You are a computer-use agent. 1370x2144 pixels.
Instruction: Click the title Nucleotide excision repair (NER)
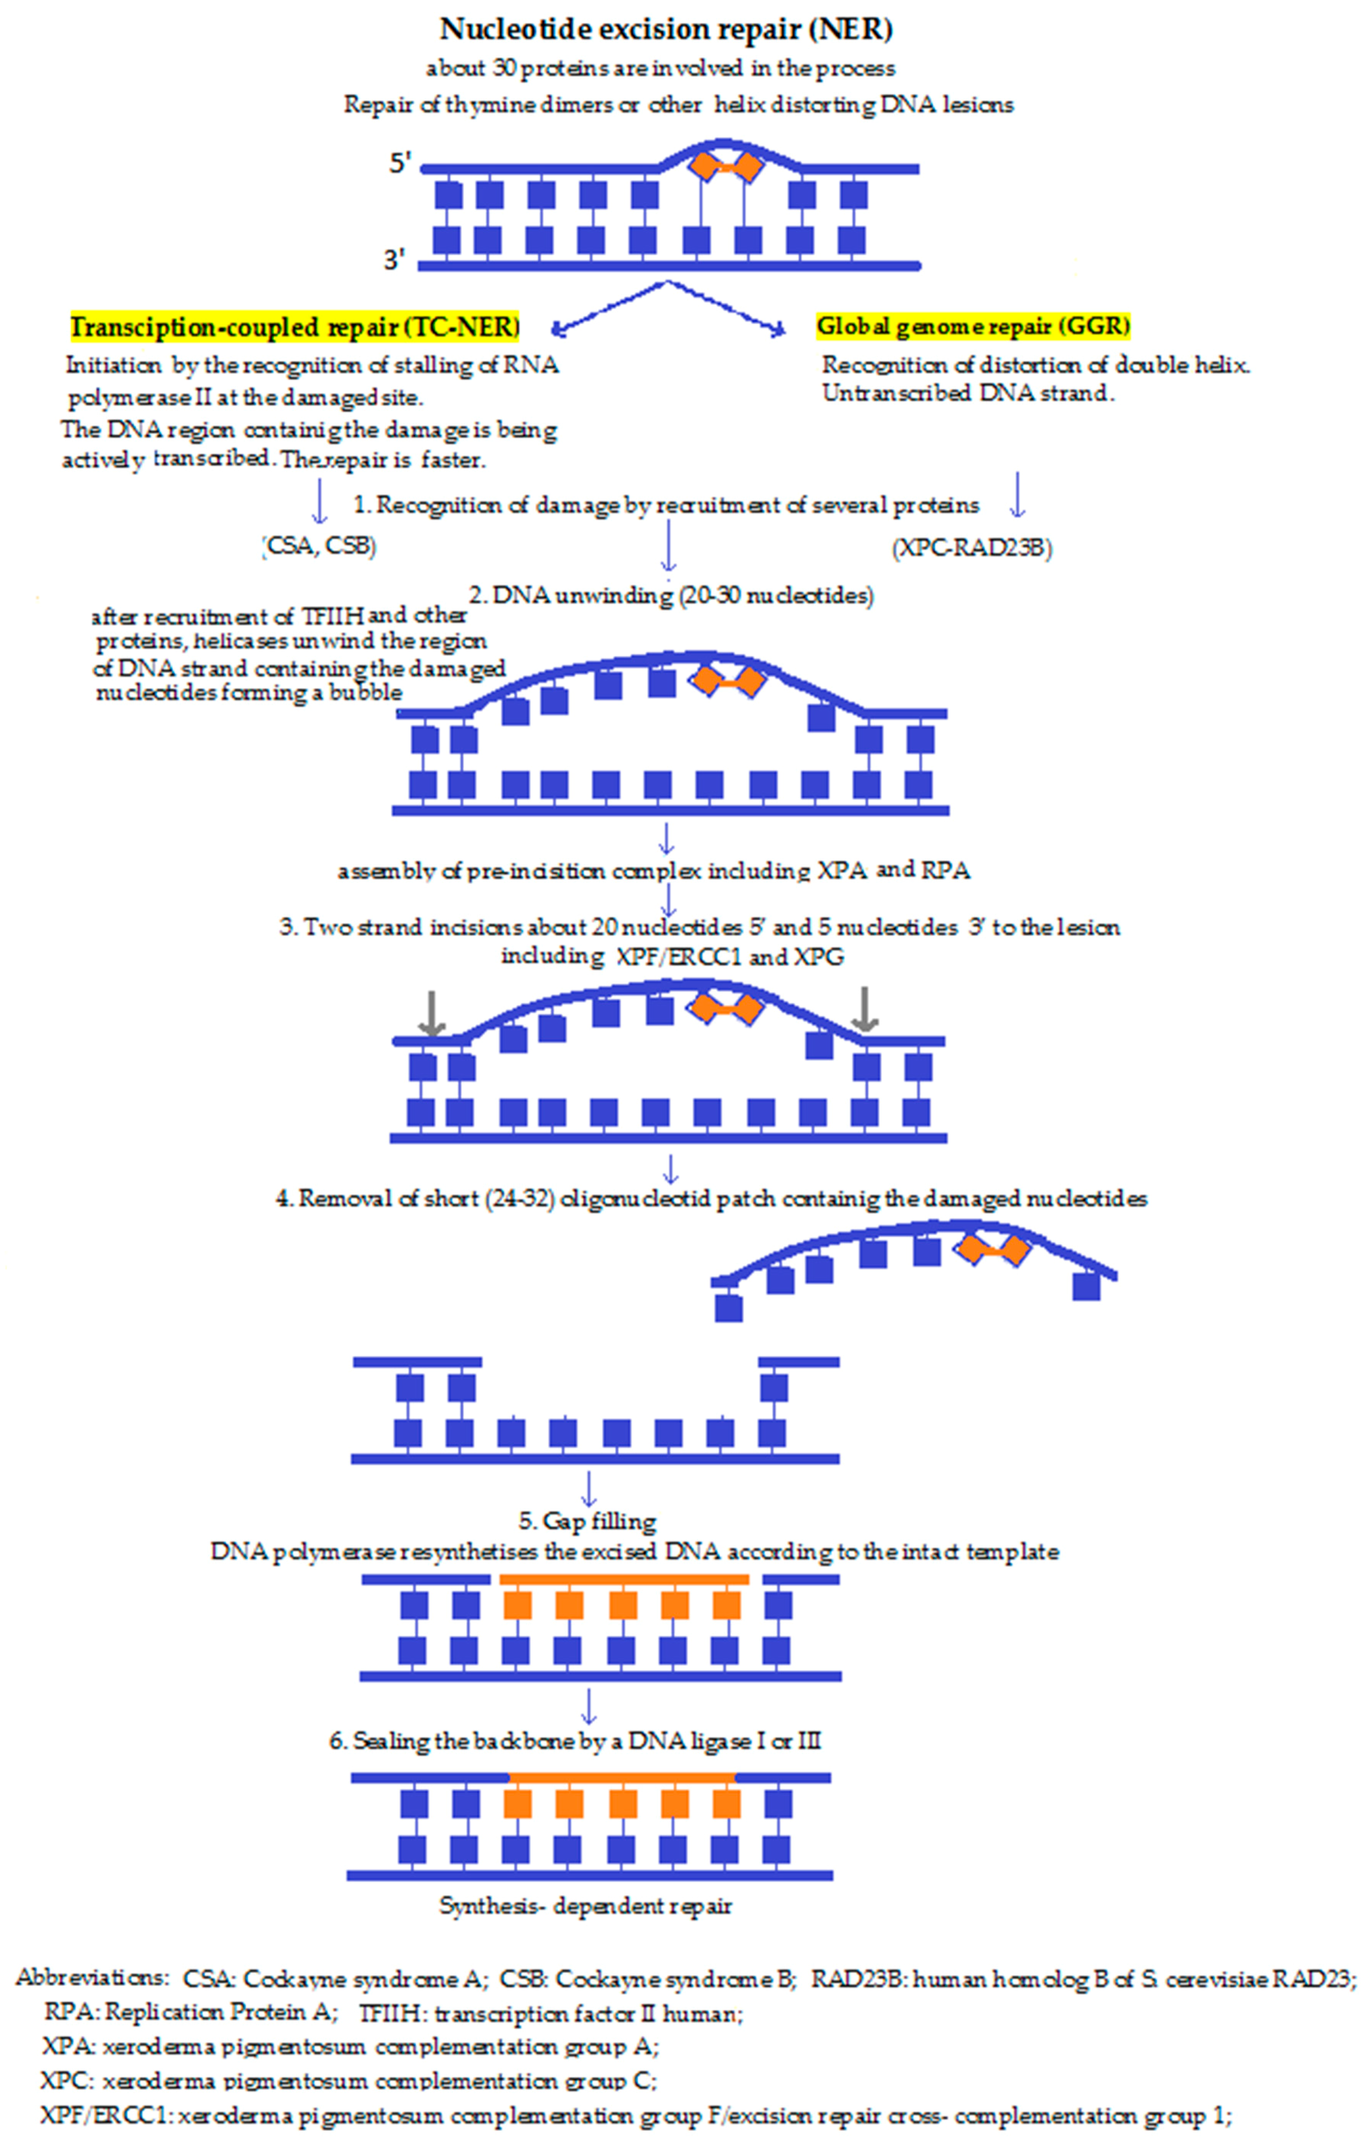point(666,29)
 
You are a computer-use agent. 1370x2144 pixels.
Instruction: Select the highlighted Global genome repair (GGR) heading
point(973,327)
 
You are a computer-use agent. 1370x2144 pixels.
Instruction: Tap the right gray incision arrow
point(864,1009)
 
